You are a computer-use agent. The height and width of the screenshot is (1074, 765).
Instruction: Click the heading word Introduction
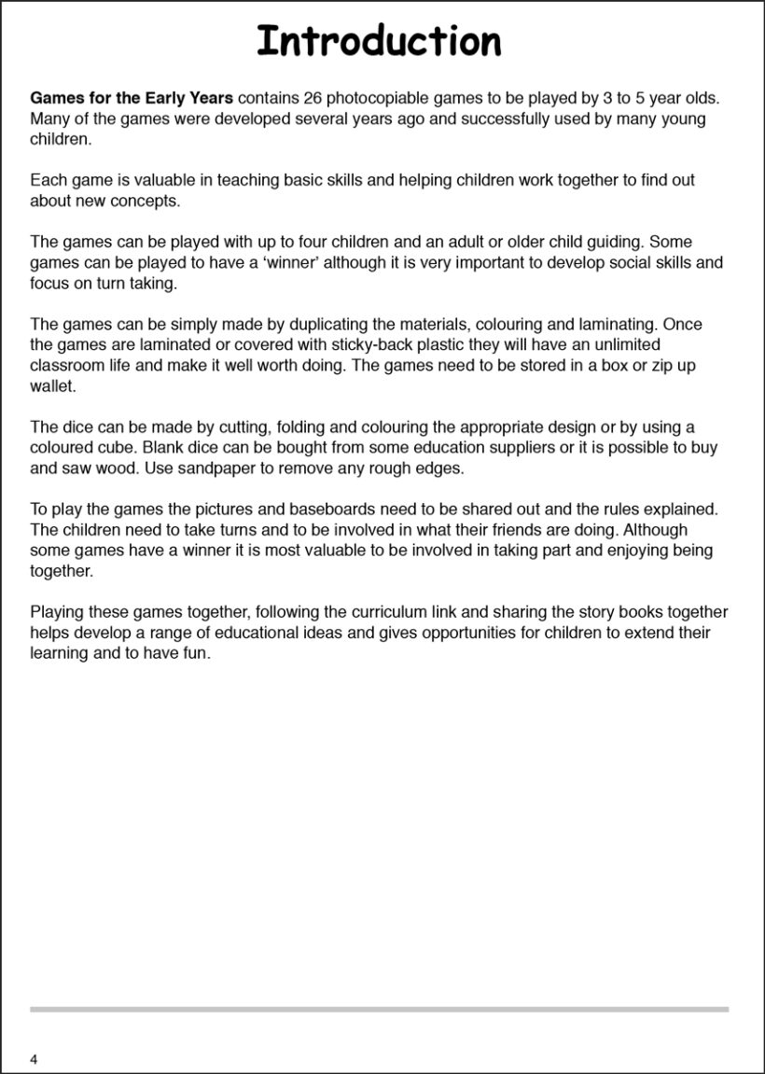coord(379,42)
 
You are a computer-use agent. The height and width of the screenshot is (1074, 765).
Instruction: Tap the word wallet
coord(52,386)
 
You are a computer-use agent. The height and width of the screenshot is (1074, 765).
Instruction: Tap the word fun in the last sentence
coord(199,653)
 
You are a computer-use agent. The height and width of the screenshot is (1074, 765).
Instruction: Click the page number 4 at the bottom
coord(35,1059)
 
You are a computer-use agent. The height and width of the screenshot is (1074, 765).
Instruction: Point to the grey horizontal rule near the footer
coord(379,1009)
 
